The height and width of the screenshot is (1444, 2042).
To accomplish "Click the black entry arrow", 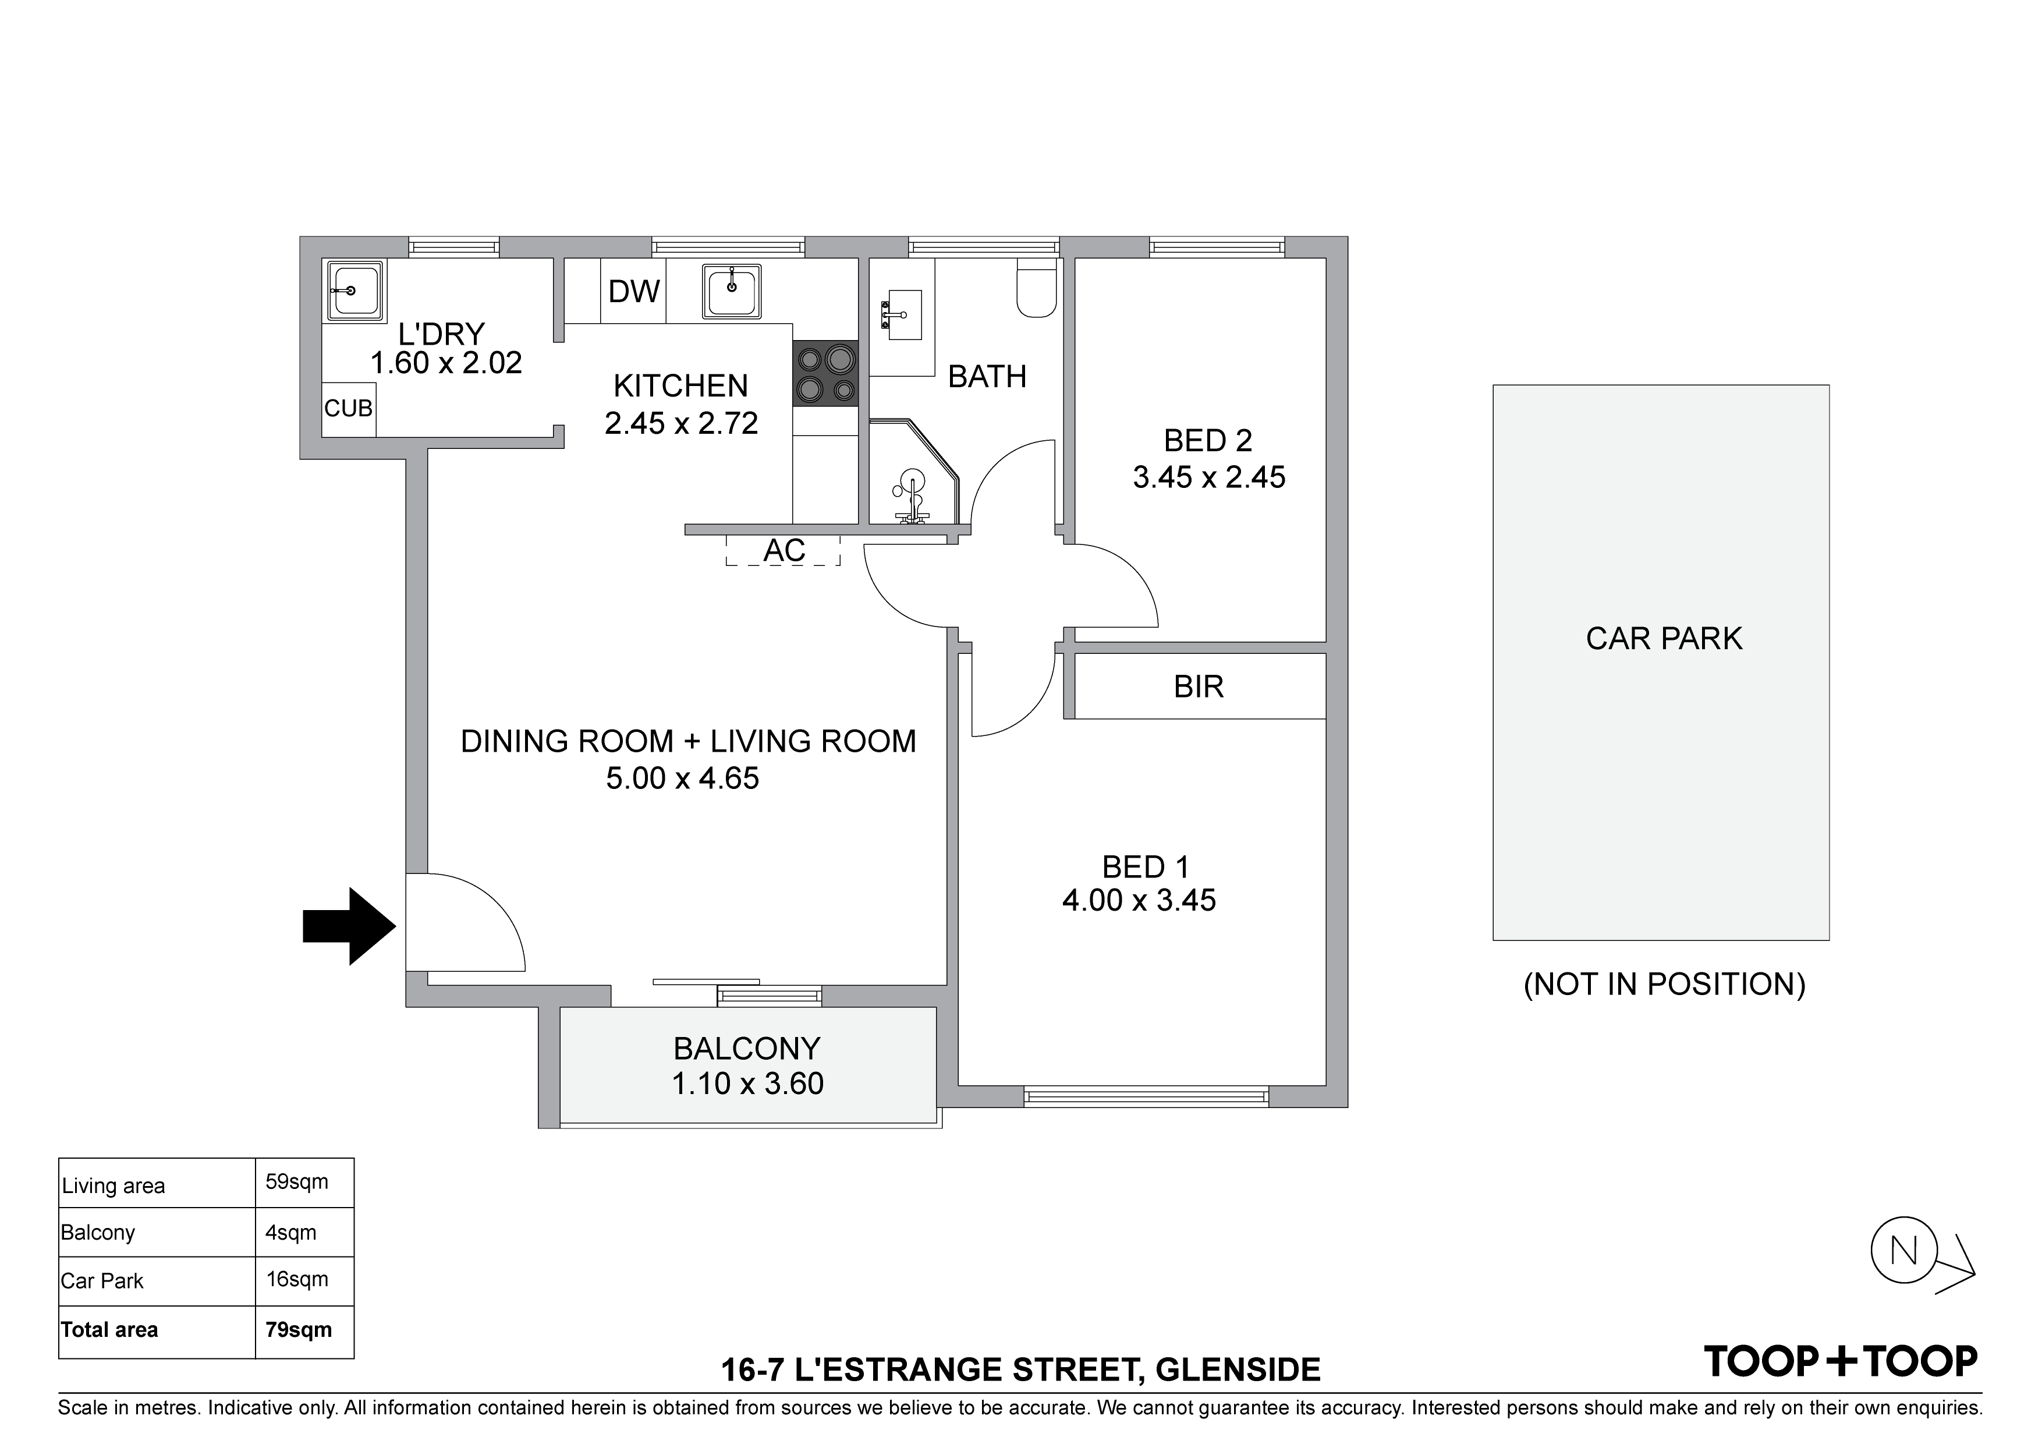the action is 349,926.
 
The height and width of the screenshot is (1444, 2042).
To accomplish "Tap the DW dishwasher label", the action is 634,291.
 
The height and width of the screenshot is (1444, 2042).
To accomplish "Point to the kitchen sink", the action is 732,291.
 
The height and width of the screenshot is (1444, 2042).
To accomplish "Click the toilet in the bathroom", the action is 1036,288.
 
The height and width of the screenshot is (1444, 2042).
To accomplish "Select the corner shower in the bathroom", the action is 915,472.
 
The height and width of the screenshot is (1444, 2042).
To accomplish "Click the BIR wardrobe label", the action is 1199,687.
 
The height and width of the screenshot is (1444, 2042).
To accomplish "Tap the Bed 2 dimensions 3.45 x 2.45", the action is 1208,478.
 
